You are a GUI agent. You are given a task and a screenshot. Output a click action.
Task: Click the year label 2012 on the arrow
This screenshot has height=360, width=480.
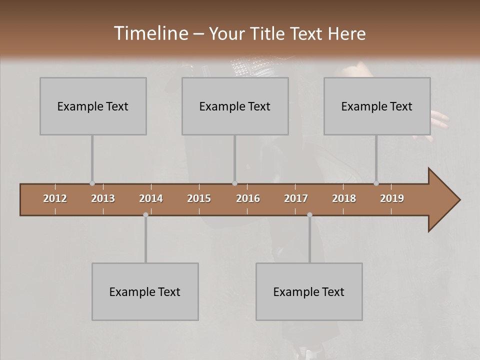[55, 198]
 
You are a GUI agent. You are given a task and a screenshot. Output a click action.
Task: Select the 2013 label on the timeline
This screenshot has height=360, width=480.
[103, 198]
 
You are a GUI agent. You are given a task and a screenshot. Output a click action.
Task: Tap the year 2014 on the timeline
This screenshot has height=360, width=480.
[151, 198]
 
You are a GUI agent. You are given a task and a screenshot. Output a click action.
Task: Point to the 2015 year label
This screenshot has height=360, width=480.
[199, 198]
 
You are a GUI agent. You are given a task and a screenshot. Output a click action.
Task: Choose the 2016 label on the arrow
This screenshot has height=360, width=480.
[248, 198]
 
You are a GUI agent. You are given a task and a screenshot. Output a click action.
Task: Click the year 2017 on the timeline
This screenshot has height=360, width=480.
[296, 198]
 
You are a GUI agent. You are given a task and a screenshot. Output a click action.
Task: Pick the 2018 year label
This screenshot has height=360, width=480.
[344, 198]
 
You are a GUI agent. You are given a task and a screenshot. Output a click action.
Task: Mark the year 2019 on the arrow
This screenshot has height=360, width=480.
[392, 198]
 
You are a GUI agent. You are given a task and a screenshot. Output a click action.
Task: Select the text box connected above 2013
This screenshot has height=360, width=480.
[93, 106]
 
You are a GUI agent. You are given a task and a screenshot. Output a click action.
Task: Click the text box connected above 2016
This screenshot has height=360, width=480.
[235, 106]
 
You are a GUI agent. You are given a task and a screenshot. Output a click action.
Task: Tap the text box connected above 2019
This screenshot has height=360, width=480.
[377, 106]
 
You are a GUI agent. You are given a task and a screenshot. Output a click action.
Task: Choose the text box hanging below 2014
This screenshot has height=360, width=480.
[145, 291]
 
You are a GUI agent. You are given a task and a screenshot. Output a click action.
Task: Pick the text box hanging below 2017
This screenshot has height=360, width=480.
[309, 291]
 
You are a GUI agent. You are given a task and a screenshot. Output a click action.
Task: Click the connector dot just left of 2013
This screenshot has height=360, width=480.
[92, 183]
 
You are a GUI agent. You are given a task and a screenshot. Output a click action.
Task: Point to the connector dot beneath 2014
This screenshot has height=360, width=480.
[145, 214]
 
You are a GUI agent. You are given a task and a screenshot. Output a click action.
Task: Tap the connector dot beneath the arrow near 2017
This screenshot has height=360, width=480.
[309, 214]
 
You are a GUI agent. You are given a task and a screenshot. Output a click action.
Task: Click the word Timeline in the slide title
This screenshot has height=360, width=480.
[150, 33]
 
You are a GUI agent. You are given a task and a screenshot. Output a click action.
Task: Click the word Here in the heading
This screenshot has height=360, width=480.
[347, 34]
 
